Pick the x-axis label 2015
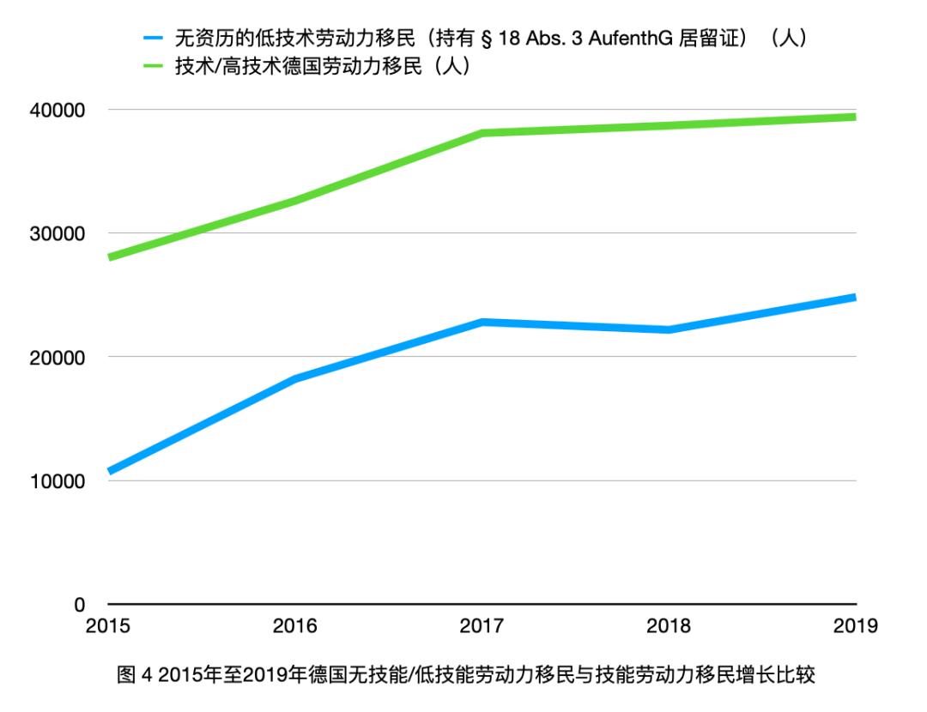click(x=108, y=626)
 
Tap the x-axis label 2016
click(x=294, y=626)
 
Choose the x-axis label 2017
click(x=482, y=626)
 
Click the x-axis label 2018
click(x=669, y=626)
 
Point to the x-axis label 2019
click(x=855, y=626)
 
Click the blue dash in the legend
click(x=154, y=38)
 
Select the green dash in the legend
click(x=154, y=67)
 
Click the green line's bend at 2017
click(x=482, y=133)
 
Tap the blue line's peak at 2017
click(x=482, y=322)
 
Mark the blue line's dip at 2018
click(x=669, y=329)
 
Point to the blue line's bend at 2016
click(x=294, y=378)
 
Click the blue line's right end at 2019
click(x=853, y=298)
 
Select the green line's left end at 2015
click(x=110, y=257)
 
